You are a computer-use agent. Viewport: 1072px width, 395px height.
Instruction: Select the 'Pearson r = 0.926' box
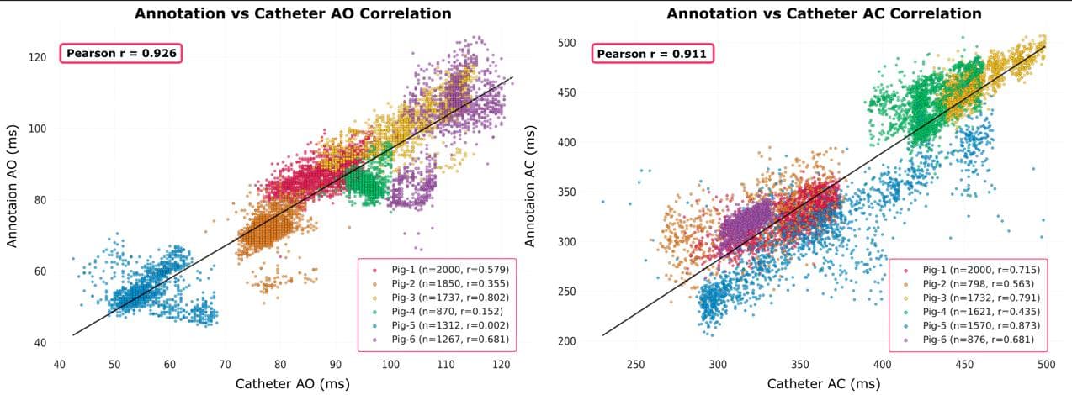click(x=122, y=53)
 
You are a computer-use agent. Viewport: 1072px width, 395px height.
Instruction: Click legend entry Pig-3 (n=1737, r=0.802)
click(x=444, y=298)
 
